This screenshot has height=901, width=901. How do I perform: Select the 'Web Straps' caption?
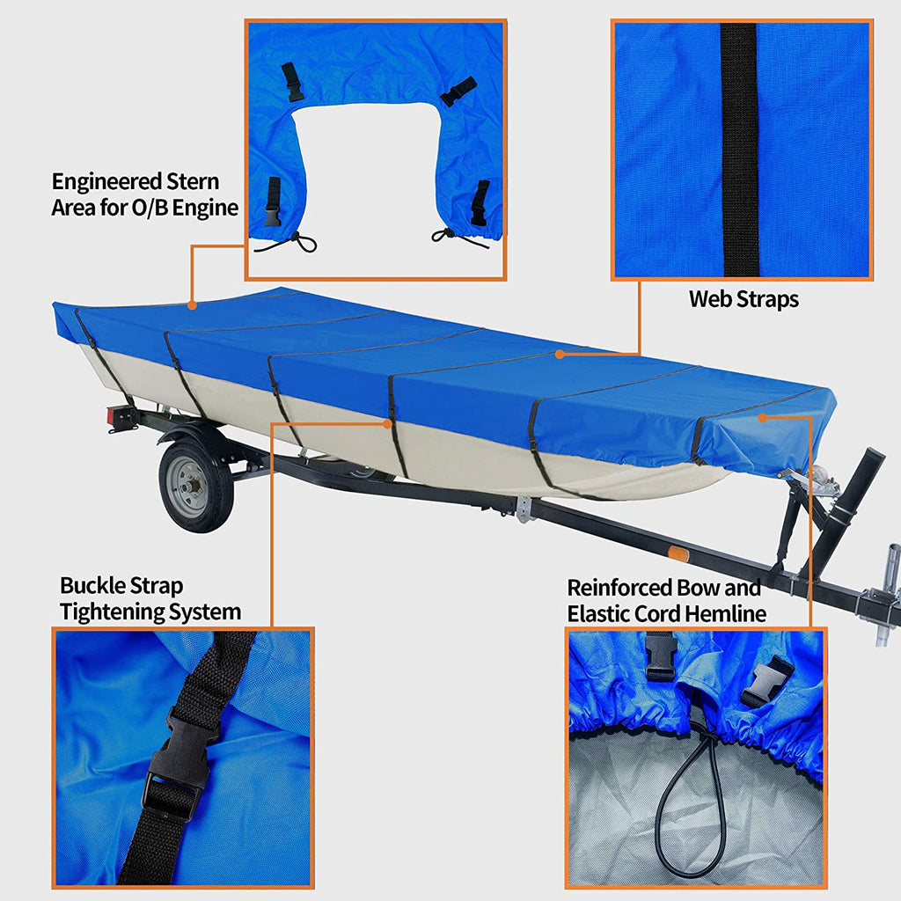[744, 299]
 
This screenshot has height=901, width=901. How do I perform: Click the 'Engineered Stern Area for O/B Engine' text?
[145, 194]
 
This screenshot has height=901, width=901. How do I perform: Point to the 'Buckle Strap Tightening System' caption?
[150, 598]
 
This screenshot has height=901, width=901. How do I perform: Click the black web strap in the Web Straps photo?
[739, 150]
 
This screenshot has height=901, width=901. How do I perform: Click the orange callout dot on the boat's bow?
[763, 417]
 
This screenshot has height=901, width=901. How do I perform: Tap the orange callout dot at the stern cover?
[192, 305]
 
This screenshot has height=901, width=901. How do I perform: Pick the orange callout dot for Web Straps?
[560, 355]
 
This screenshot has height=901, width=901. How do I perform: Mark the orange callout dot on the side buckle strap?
[387, 423]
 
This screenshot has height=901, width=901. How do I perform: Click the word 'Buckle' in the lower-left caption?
[94, 586]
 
